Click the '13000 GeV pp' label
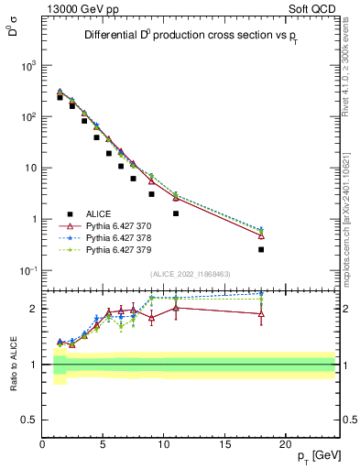(x=78, y=10)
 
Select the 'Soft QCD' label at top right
(x=313, y=10)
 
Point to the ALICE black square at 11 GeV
(x=176, y=213)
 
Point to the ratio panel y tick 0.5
(x=29, y=420)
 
